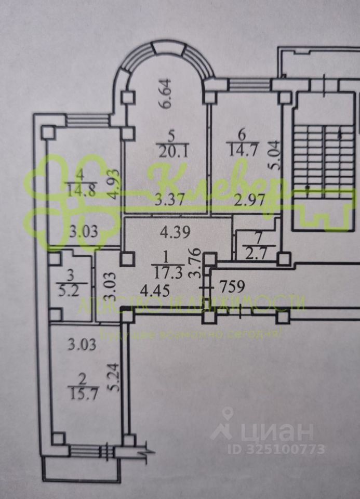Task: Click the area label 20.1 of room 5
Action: [x=168, y=151]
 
